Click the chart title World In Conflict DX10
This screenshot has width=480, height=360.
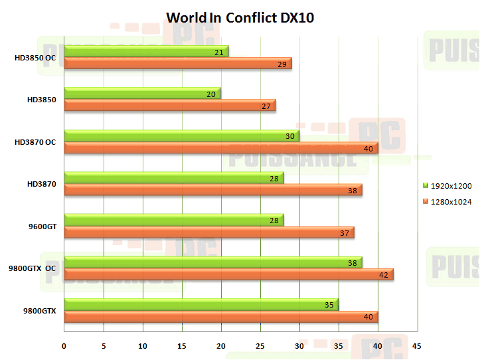[240, 17]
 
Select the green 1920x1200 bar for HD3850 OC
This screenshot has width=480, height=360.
[146, 51]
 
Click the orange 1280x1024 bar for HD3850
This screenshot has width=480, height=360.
[169, 105]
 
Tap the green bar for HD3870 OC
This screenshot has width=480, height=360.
[181, 135]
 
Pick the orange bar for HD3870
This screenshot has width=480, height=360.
[212, 189]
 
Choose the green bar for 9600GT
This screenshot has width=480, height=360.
[173, 220]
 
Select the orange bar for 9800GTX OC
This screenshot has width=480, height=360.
[228, 274]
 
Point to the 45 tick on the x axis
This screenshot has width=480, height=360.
[417, 346]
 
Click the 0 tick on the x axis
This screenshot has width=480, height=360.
[64, 346]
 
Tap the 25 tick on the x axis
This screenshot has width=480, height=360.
[260, 346]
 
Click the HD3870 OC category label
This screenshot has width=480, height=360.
[36, 142]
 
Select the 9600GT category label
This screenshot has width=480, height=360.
[42, 226]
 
